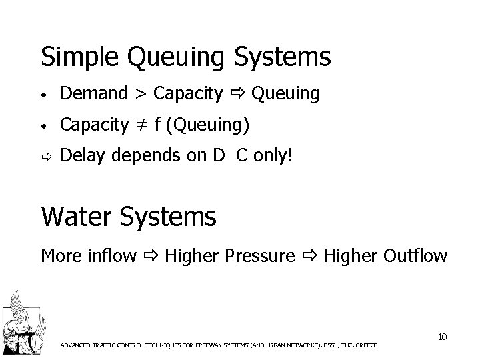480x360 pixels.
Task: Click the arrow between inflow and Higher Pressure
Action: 150,255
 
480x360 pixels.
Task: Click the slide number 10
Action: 442,337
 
